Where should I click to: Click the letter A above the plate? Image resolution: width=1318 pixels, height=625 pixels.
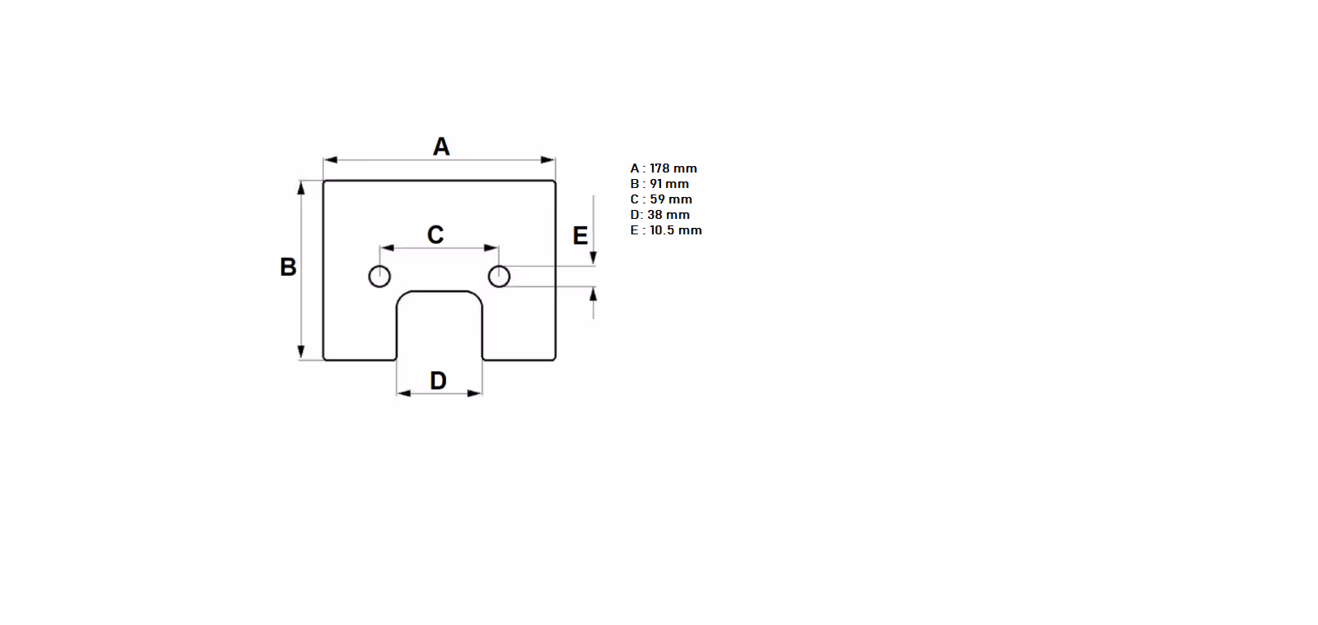click(441, 146)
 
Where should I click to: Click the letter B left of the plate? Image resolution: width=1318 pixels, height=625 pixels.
click(287, 267)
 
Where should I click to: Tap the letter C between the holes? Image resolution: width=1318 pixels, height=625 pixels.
click(436, 234)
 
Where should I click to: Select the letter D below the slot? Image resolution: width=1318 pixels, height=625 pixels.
click(438, 380)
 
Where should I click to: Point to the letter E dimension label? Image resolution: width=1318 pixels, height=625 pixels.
click(580, 236)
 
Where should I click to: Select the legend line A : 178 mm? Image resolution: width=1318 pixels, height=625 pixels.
click(663, 168)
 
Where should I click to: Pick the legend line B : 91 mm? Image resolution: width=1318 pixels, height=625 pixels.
click(659, 183)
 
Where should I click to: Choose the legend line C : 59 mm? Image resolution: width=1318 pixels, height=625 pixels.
click(661, 199)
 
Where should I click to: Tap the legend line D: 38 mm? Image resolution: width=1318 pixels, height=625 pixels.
click(660, 215)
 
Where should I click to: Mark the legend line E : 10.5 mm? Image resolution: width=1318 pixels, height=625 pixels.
click(666, 229)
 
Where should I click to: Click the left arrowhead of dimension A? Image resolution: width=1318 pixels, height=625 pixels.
click(330, 160)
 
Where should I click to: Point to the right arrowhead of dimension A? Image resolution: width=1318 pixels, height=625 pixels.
click(549, 160)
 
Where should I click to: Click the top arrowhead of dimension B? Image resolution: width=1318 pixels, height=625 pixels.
click(301, 188)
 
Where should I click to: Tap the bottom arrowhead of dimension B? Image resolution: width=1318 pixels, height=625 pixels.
click(301, 352)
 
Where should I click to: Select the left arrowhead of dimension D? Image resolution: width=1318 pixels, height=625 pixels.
click(404, 393)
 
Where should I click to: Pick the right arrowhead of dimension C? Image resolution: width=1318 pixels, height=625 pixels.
click(492, 248)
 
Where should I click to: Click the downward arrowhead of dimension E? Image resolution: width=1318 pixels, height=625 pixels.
click(593, 258)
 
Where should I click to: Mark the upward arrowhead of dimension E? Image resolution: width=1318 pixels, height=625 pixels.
click(593, 294)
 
